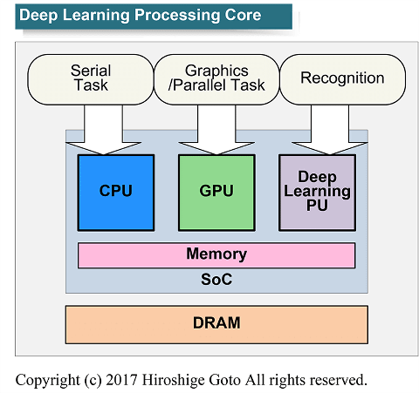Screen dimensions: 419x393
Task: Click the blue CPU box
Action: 116,193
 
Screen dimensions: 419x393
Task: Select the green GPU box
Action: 216,193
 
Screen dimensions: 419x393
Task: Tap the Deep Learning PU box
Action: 317,193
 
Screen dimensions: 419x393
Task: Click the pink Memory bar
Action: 216,255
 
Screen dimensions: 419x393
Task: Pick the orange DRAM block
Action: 216,324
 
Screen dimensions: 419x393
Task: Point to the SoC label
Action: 216,280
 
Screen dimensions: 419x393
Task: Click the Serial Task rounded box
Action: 91,79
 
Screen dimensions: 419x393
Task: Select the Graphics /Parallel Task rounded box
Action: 216,79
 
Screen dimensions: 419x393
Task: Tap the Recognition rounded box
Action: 342,79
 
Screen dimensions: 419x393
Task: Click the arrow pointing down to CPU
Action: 103,130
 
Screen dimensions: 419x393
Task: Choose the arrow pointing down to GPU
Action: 216,130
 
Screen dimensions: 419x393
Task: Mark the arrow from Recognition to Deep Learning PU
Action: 330,130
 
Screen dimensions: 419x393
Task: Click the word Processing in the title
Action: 177,15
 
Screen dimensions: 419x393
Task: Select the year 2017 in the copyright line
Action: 121,380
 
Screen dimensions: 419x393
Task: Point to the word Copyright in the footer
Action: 48,381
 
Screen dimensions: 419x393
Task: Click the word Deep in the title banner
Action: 38,15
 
